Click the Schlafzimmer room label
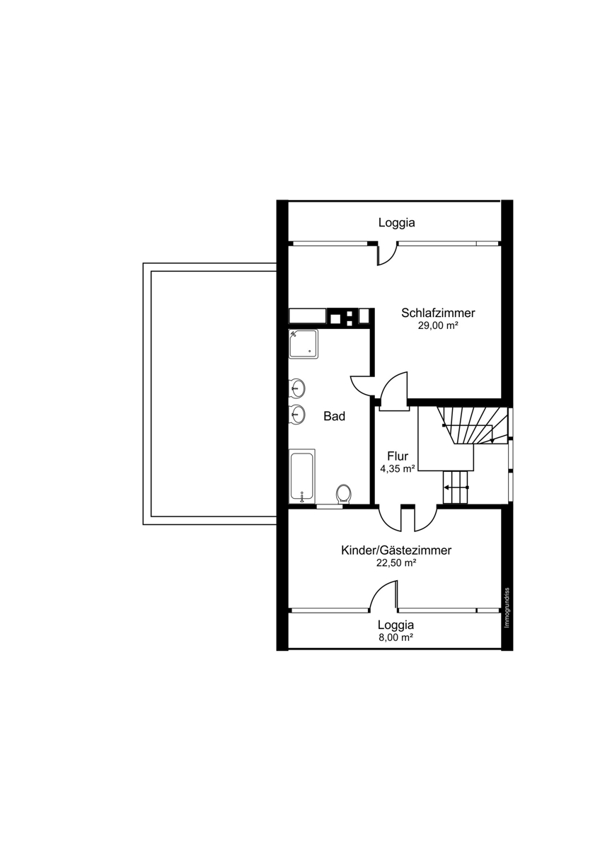point(438,313)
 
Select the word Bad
point(334,416)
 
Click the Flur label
point(398,455)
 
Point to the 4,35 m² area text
point(397,469)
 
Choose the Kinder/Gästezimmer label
point(396,550)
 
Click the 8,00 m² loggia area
point(396,637)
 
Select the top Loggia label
point(396,222)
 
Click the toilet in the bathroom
point(344,494)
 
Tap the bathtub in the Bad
point(302,476)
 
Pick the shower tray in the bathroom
point(304,344)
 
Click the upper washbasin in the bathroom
point(298,388)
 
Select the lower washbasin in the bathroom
point(298,413)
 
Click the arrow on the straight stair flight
point(457,487)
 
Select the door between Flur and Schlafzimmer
point(394,391)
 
